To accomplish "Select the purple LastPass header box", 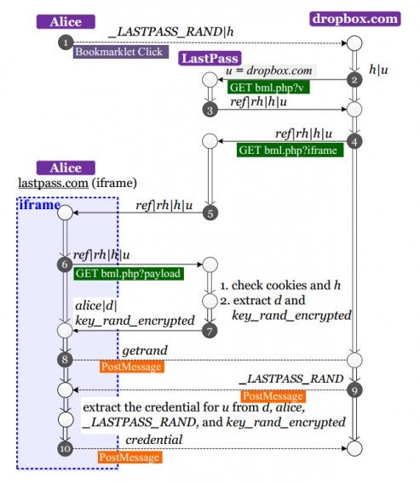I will click(208, 59).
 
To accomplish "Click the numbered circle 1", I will click(66, 41).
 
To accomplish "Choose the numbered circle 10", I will click(66, 448).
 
